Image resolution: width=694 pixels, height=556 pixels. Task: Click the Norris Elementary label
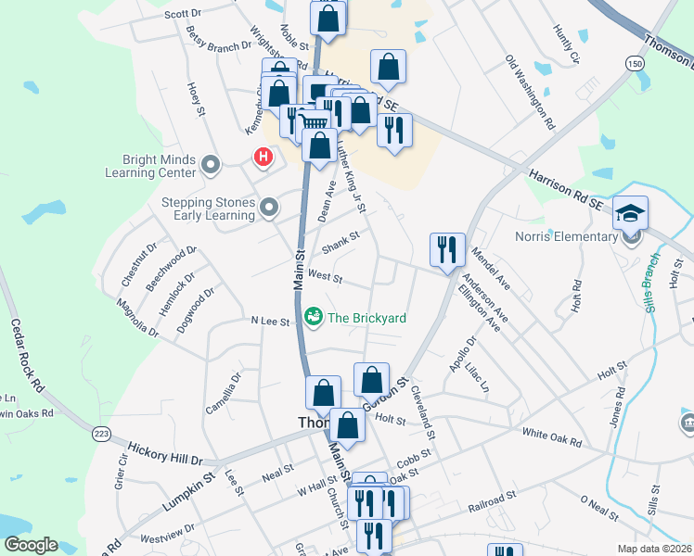click(x=566, y=236)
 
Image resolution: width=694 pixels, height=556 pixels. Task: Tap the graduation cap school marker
click(x=630, y=213)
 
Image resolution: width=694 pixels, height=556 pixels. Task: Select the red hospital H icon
click(x=263, y=157)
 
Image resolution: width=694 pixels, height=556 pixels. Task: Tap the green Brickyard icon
click(x=314, y=318)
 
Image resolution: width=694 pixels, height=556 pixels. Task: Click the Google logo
click(x=31, y=545)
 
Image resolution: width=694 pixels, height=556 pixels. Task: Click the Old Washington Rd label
click(x=530, y=92)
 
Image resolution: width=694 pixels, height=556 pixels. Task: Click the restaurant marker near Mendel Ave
click(x=447, y=248)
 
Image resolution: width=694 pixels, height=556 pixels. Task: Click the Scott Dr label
click(x=183, y=14)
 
